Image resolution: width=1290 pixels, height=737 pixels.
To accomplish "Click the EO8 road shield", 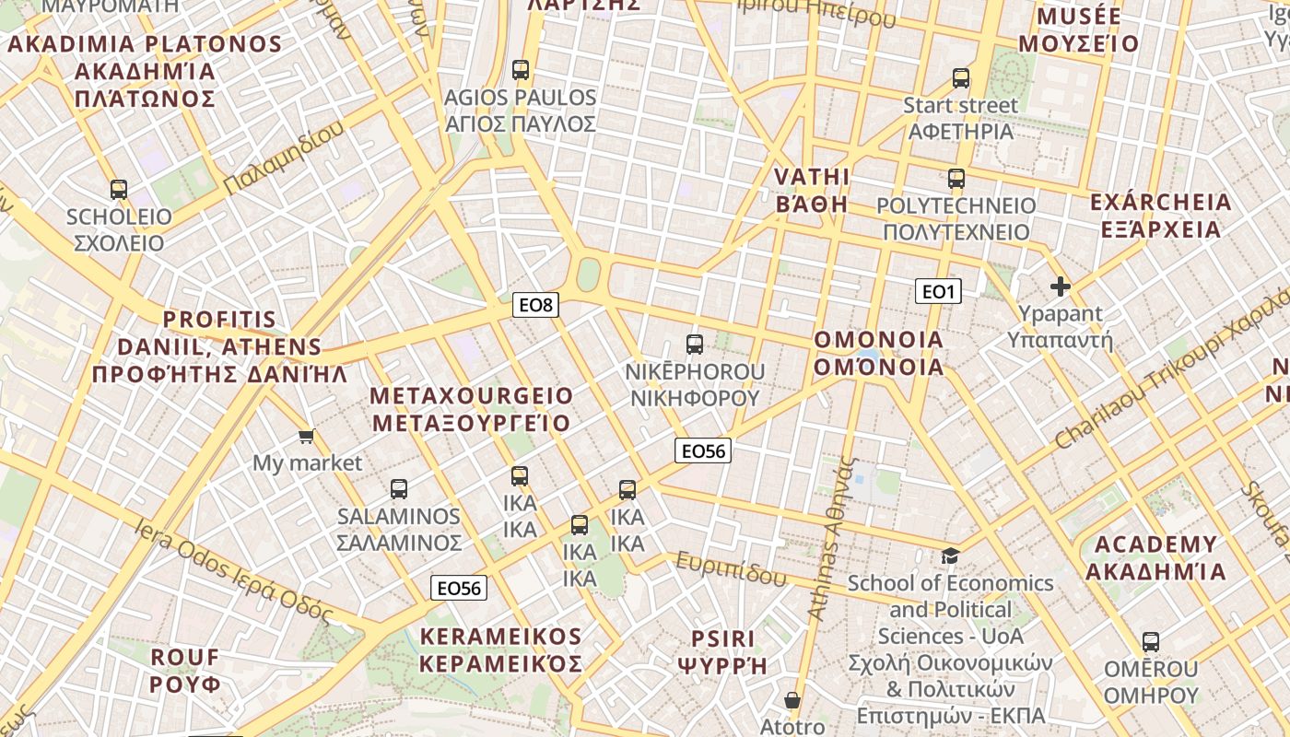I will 536,305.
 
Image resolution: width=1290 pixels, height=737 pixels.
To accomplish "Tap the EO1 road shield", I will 938,292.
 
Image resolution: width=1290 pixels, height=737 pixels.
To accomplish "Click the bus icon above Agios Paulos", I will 521,70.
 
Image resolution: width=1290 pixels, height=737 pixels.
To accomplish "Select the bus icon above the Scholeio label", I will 119,190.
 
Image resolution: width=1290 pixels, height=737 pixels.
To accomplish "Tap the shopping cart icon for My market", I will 306,436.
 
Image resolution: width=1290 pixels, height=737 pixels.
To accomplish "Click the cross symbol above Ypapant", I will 1061,287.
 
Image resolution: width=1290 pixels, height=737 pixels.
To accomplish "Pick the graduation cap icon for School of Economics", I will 950,556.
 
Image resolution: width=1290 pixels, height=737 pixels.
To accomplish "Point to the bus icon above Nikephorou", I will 695,345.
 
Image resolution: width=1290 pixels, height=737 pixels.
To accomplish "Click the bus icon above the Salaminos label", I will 399,489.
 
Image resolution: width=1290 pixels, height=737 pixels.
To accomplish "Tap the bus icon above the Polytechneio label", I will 956,179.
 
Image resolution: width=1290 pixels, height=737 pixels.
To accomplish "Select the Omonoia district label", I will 879,354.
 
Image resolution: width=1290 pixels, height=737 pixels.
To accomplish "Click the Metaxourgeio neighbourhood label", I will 471,409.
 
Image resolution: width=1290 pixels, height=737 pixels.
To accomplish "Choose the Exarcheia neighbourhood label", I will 1160,216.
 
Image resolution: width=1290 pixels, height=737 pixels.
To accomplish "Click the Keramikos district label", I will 501,649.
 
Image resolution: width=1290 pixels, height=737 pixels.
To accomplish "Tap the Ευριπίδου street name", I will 732,569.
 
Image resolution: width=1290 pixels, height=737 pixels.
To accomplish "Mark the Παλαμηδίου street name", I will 284,157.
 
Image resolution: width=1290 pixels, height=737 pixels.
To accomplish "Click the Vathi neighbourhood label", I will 811,190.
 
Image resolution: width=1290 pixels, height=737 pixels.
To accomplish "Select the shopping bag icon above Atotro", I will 792,700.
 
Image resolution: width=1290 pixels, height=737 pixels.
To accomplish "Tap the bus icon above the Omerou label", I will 1151,642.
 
